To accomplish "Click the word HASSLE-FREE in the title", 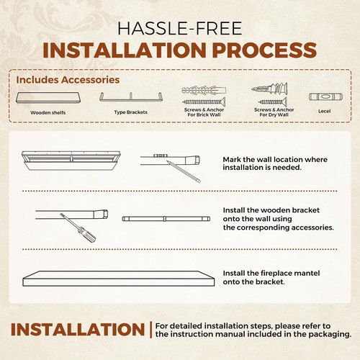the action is click(x=180, y=29).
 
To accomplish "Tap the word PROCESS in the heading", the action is click(x=264, y=50).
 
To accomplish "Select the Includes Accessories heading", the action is click(x=68, y=80).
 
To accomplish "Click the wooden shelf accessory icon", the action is click(x=48, y=98).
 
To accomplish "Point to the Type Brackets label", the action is click(x=131, y=112).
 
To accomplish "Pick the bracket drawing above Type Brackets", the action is click(x=131, y=96).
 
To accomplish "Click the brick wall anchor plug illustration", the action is click(x=204, y=91).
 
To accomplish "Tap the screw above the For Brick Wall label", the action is click(x=204, y=102).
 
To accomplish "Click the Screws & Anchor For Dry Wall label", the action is click(x=274, y=112).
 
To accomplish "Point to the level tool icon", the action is click(x=325, y=96).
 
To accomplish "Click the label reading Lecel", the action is click(x=325, y=111).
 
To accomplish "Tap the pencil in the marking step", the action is click(x=184, y=171).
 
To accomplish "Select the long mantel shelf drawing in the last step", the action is click(x=119, y=279).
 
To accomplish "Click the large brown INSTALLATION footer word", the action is click(x=78, y=330).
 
